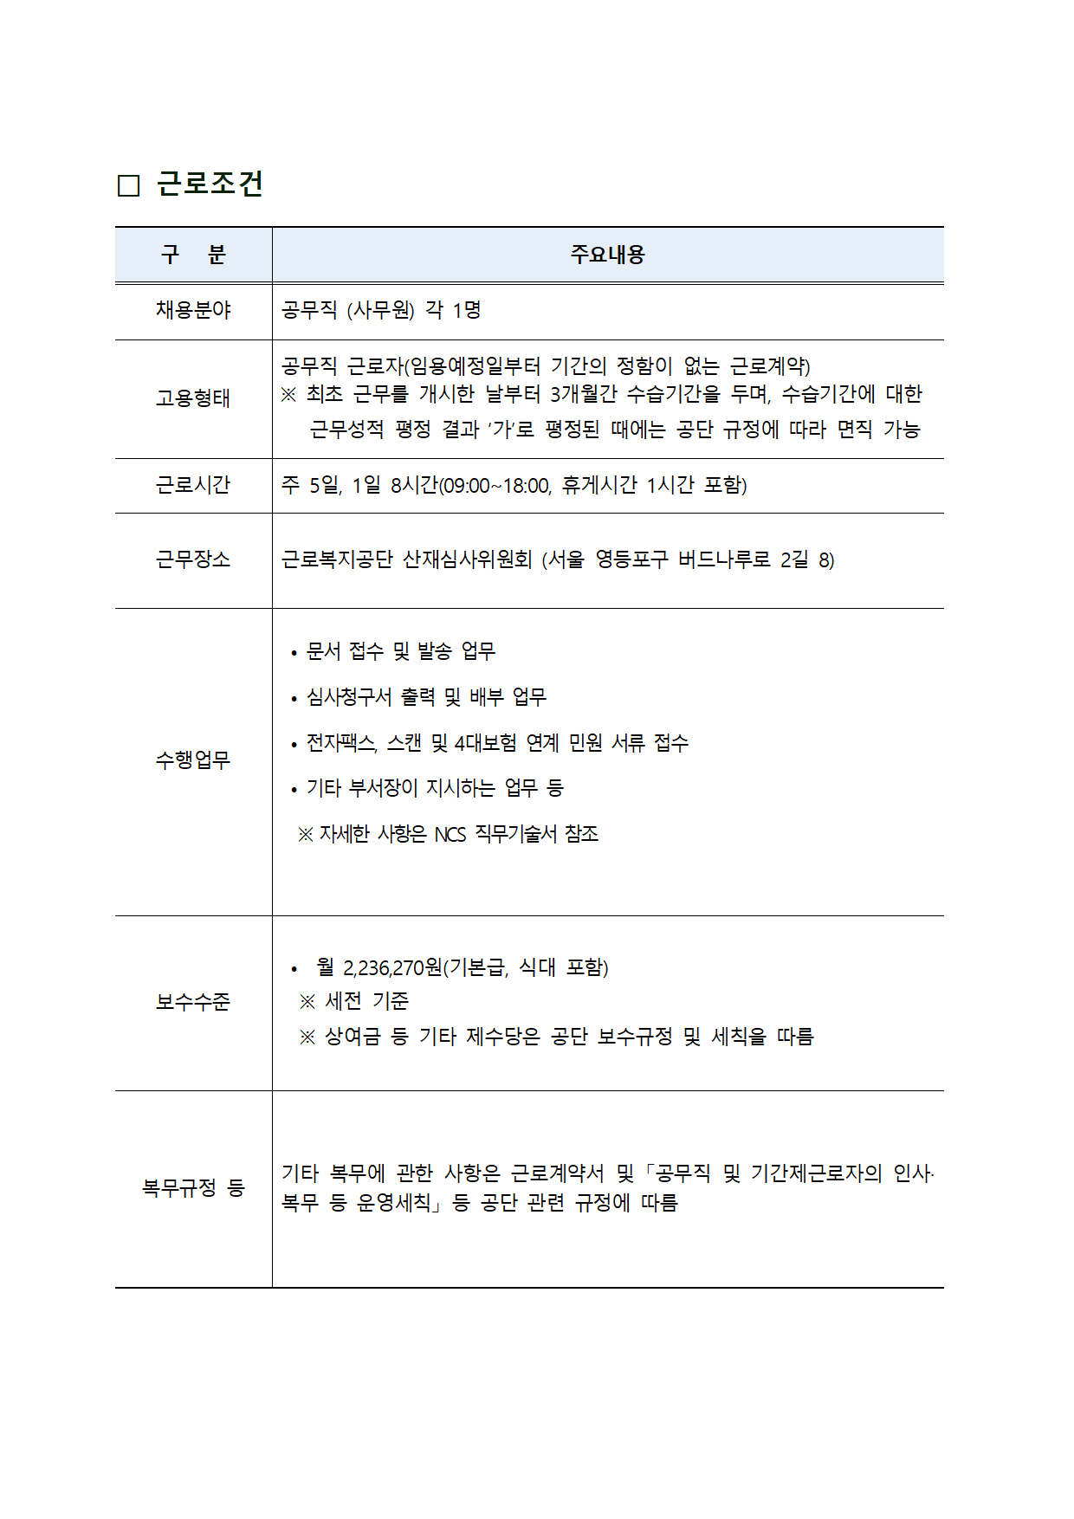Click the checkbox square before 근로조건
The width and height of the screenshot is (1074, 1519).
coord(128,185)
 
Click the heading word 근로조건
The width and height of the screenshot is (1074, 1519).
coord(210,184)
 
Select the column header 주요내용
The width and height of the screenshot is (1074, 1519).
coord(607,255)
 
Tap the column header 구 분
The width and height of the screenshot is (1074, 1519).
coord(193,255)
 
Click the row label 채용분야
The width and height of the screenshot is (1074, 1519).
coord(193,310)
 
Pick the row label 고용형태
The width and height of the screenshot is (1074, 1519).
coord(193,398)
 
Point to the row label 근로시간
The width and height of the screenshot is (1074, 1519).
coord(193,485)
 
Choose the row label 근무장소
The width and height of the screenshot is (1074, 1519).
coord(193,559)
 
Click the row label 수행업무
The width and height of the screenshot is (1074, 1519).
coord(193,760)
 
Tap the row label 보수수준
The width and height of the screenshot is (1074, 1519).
coord(193,1002)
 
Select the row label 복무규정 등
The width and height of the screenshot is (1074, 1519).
coord(193,1187)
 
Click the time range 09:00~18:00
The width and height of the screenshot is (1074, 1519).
coord(496,486)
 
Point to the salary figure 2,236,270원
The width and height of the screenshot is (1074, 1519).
coord(392,967)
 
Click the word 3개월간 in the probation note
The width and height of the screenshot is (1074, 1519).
coord(583,395)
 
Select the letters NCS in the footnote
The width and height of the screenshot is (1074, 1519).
coord(450,835)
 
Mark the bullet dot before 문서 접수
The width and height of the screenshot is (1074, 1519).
coord(294,653)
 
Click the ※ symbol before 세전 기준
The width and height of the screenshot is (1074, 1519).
coord(307,1002)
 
